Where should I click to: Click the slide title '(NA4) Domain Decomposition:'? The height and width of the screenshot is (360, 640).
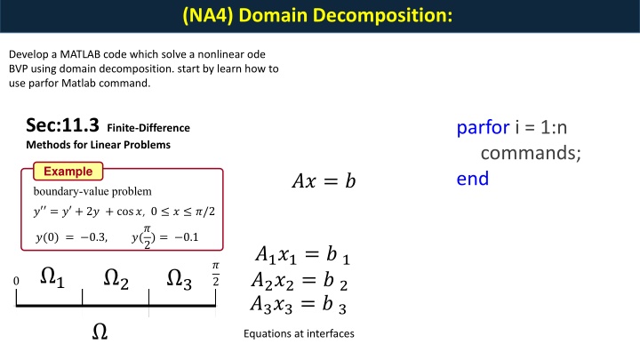click(x=319, y=15)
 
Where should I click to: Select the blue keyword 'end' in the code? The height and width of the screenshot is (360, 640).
click(x=473, y=178)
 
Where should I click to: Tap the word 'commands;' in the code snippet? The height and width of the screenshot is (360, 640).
click(x=532, y=153)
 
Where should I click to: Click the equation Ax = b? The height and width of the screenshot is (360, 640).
click(x=323, y=182)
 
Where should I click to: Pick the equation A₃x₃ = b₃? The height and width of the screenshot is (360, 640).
click(x=301, y=306)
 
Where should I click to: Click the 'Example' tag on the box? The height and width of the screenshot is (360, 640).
click(x=68, y=171)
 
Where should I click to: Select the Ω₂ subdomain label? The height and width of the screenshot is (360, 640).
click(x=116, y=280)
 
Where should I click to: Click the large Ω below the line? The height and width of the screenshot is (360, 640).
click(x=100, y=332)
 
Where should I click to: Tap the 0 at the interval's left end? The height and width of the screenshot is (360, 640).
click(x=16, y=282)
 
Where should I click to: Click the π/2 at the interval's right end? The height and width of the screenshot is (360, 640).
click(x=214, y=274)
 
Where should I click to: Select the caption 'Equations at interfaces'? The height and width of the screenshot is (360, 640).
click(x=298, y=334)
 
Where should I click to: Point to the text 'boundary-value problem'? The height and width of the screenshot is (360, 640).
click(x=92, y=191)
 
